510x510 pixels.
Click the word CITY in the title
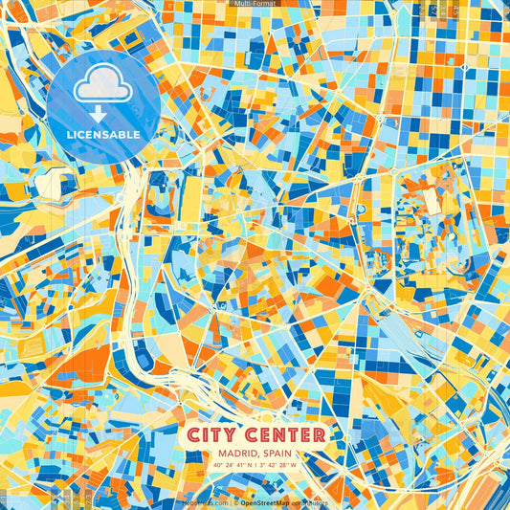(x=212, y=435)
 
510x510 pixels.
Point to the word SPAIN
(x=279, y=454)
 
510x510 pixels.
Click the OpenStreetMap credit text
(x=268, y=501)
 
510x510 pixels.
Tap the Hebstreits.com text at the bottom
(x=203, y=501)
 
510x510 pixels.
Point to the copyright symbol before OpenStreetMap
(x=235, y=501)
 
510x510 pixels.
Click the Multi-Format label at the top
(x=255, y=4)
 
